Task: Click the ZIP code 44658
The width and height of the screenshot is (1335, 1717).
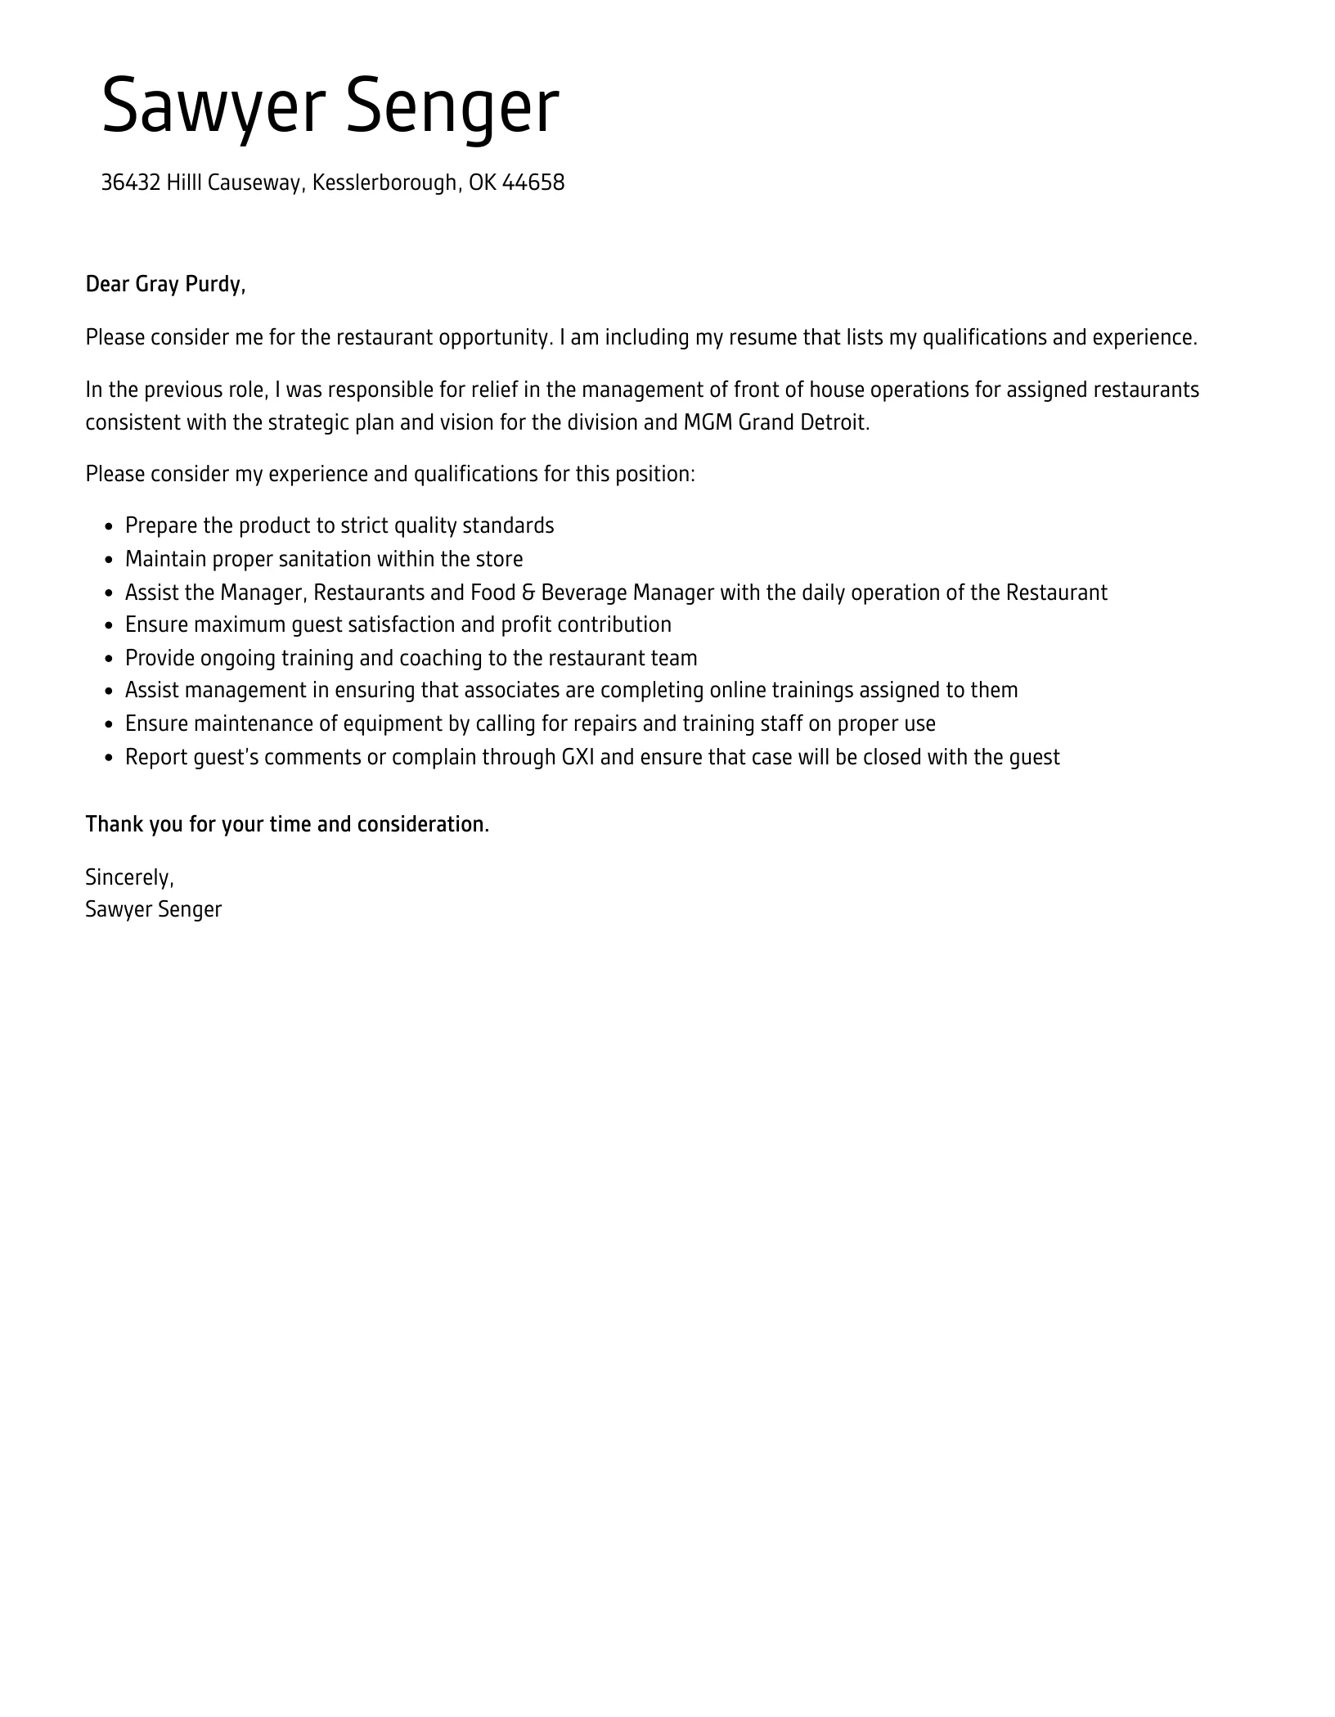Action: point(533,183)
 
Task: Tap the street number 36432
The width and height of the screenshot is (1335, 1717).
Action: point(130,183)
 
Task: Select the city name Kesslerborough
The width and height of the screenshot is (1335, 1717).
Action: point(384,183)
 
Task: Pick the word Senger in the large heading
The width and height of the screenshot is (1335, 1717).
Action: point(452,107)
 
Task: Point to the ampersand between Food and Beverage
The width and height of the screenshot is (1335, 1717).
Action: point(528,593)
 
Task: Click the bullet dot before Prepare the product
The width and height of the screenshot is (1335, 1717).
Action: point(109,527)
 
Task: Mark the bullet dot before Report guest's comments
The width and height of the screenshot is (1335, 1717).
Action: point(109,759)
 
